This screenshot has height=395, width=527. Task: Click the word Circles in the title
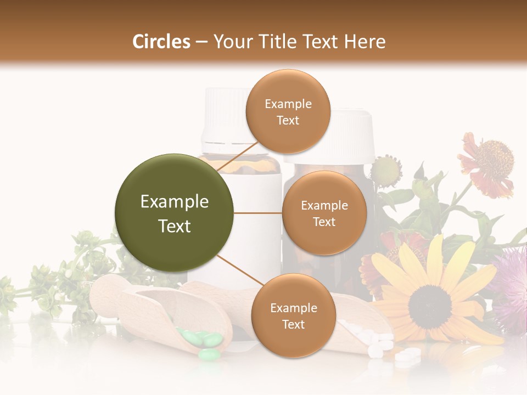coord(161,42)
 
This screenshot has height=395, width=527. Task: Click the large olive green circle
coord(174,213)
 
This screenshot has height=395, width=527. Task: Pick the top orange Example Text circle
coord(288,111)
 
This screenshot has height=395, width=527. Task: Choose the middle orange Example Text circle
coord(324,213)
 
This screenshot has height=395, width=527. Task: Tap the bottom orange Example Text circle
coord(293,315)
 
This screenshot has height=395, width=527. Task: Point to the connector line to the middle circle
coord(257,213)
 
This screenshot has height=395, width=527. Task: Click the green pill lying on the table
coord(209,355)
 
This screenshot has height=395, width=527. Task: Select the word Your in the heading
coord(232,42)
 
